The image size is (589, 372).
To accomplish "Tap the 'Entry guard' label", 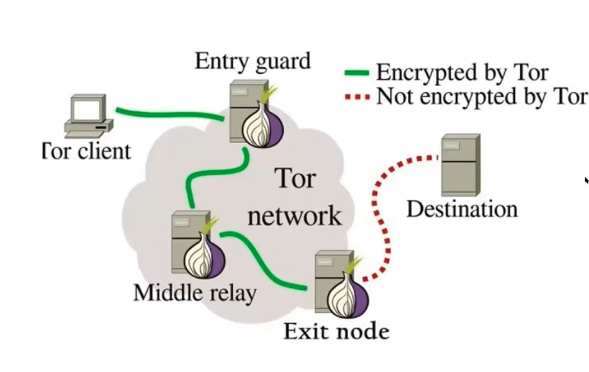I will click(x=252, y=62).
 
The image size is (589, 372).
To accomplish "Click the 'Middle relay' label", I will click(x=195, y=292).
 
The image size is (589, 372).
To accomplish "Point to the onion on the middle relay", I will click(x=205, y=254).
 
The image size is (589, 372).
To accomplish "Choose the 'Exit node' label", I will click(x=337, y=331).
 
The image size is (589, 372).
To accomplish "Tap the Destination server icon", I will click(x=460, y=165).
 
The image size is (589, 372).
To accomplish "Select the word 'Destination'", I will click(x=462, y=209).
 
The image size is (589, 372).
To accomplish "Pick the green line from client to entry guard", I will click(x=170, y=114).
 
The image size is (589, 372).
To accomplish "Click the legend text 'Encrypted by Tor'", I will click(x=462, y=72).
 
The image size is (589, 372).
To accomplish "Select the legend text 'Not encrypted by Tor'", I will click(x=481, y=97).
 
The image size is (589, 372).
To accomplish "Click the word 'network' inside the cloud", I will click(x=294, y=215).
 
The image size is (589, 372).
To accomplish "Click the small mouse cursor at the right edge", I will click(x=586, y=180).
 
